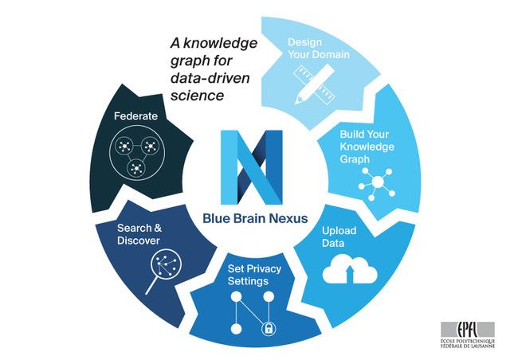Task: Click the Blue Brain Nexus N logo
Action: pyautogui.click(x=253, y=167)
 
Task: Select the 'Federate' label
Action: pyautogui.click(x=135, y=116)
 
